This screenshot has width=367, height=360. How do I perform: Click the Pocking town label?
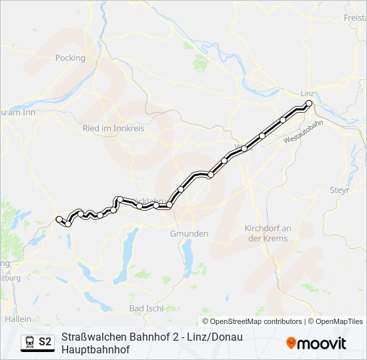coord(71,58)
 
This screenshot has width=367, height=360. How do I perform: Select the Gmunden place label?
coord(190,234)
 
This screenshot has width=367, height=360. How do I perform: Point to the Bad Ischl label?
coord(146,309)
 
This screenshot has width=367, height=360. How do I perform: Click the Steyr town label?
coord(340,190)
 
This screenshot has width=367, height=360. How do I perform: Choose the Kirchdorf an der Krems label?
coord(268,233)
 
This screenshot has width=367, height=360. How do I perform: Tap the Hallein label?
coord(18,319)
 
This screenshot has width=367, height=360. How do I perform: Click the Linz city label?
coord(308,93)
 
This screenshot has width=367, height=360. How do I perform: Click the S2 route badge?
coord(45,342)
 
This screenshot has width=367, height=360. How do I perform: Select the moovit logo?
coord(316,343)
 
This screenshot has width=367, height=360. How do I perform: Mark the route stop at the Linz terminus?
coord(309,103)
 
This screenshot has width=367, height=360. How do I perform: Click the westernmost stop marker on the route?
coord(59,219)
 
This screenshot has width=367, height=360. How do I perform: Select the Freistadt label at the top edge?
coord(354,17)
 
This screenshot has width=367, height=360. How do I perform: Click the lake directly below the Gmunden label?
coord(188,253)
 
